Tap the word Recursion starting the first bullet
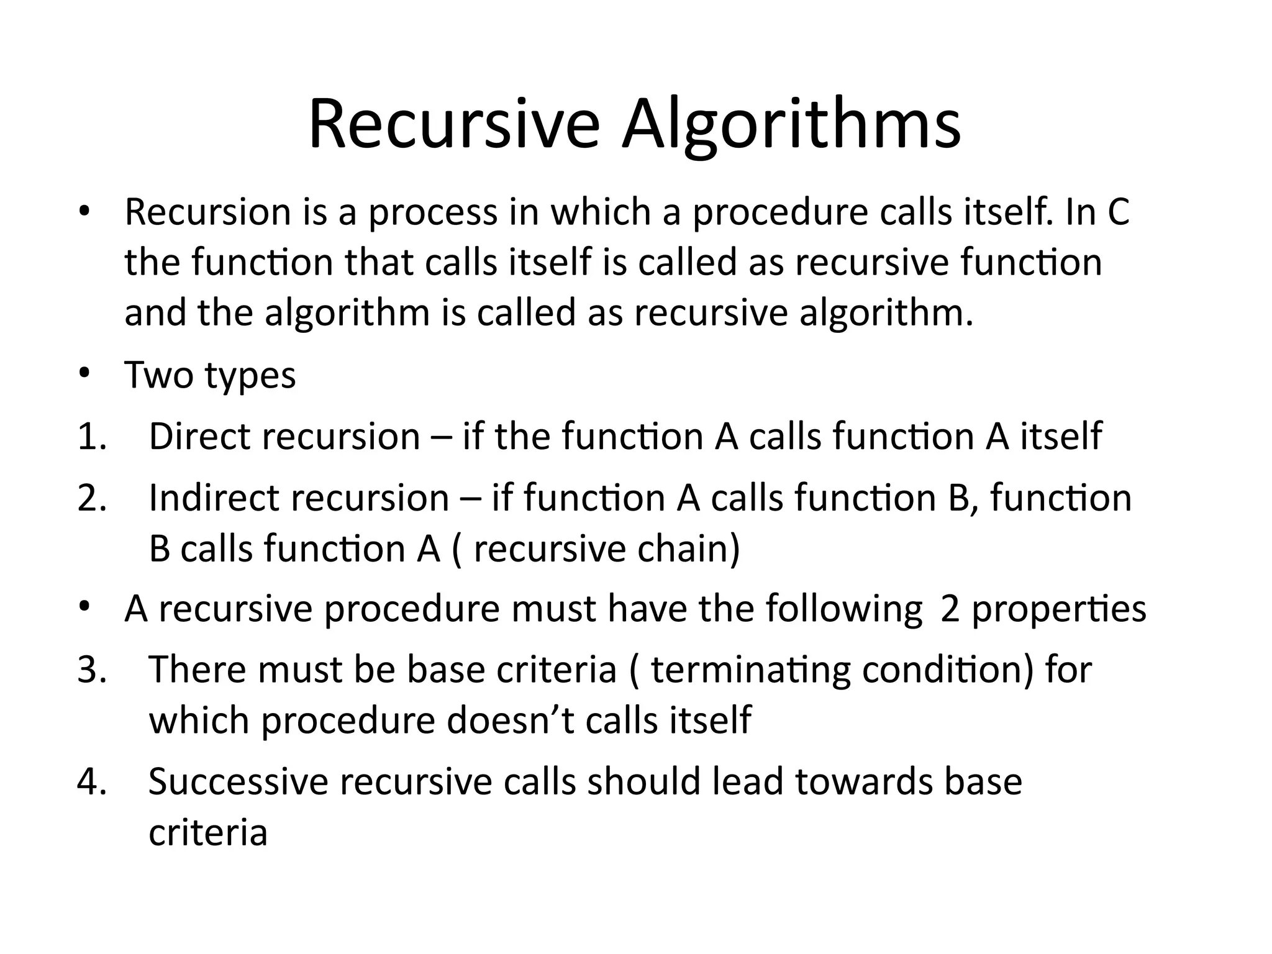click(207, 212)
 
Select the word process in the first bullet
click(433, 212)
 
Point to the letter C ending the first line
click(1118, 212)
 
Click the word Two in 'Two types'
click(158, 375)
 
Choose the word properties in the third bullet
click(1058, 609)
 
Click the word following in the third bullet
click(843, 609)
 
